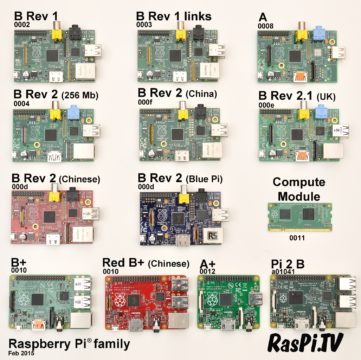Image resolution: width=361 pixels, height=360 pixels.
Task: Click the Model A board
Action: click(x=298, y=55)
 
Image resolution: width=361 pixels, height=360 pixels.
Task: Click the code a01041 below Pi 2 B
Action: click(x=285, y=270)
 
